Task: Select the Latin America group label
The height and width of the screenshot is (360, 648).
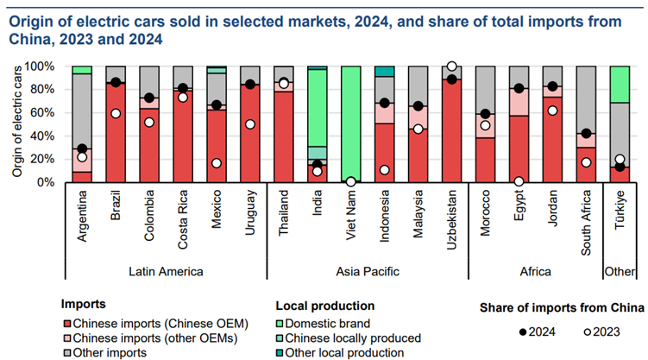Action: (x=165, y=271)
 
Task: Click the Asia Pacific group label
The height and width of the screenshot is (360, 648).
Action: (x=368, y=271)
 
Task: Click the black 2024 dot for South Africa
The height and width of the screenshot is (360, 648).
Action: (x=587, y=134)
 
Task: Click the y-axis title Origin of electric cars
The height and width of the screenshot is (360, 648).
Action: (x=16, y=122)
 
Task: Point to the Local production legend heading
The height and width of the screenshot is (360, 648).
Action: (x=324, y=305)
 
